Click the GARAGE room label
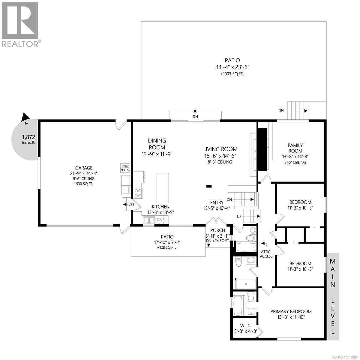click(84, 168)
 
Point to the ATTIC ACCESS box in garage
click(125, 168)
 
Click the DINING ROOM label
click(157, 144)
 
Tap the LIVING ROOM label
click(220, 149)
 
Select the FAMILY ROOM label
click(295, 148)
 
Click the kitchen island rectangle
click(162, 188)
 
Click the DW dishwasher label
click(160, 220)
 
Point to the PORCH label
click(217, 230)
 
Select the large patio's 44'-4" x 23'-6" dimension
click(232, 67)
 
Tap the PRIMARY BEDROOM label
click(291, 311)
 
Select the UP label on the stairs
click(239, 216)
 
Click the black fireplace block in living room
click(262, 149)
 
